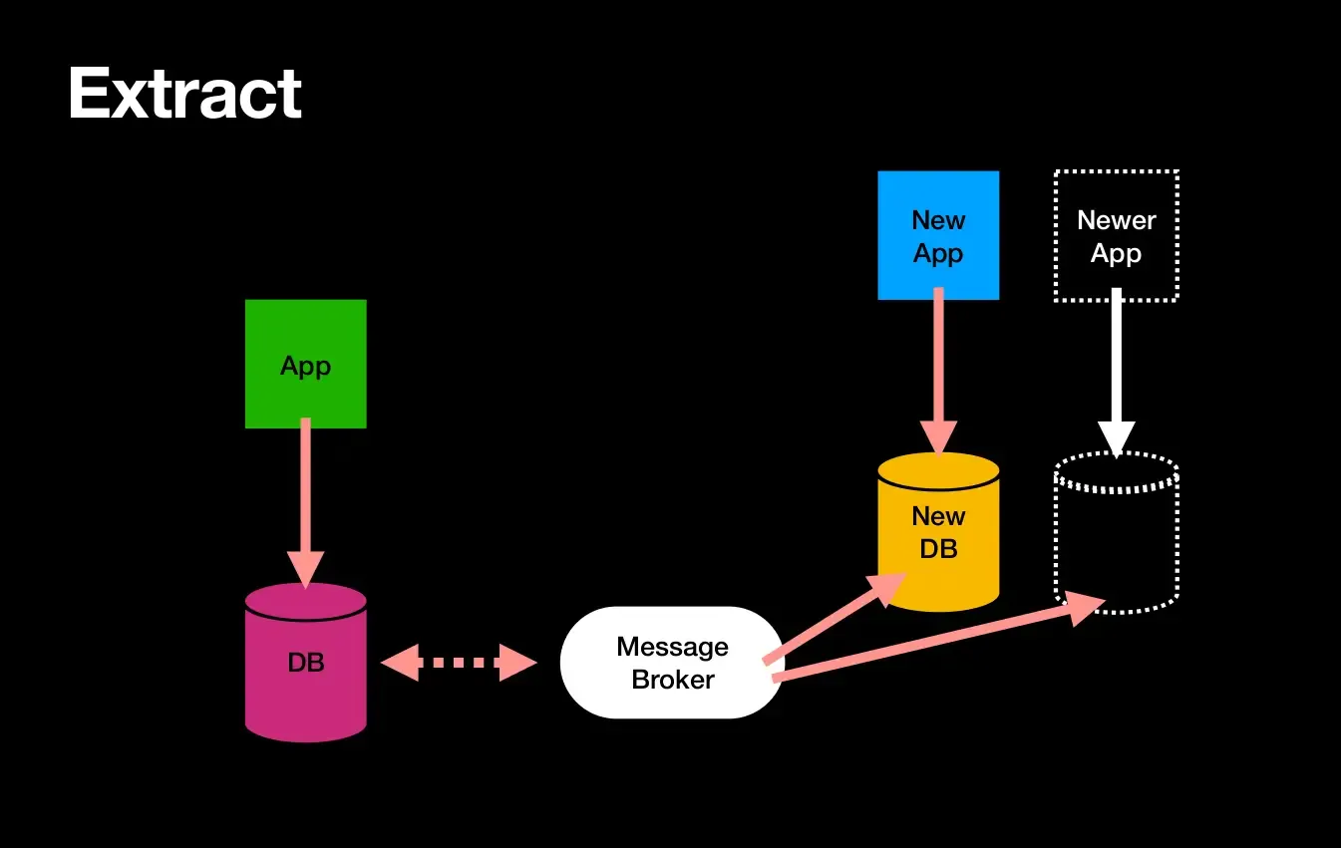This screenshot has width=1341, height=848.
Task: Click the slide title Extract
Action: [x=184, y=95]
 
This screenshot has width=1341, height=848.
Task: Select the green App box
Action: [x=305, y=365]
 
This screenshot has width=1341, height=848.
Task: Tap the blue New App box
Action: [x=938, y=236]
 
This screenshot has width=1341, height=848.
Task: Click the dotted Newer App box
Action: [x=1116, y=236]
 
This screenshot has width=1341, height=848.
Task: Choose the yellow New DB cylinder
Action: [x=938, y=533]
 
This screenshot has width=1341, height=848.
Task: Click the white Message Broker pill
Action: [x=671, y=663]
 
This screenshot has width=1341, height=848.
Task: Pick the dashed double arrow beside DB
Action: [x=460, y=663]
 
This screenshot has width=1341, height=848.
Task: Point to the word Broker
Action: [x=673, y=681]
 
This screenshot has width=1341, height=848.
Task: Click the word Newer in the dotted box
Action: [x=1116, y=220]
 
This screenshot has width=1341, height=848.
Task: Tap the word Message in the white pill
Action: [x=672, y=647]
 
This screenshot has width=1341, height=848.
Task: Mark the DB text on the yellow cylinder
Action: [x=938, y=548]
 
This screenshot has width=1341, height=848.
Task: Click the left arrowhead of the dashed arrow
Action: [x=400, y=663]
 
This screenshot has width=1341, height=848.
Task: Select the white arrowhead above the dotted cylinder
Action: [x=1117, y=437]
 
